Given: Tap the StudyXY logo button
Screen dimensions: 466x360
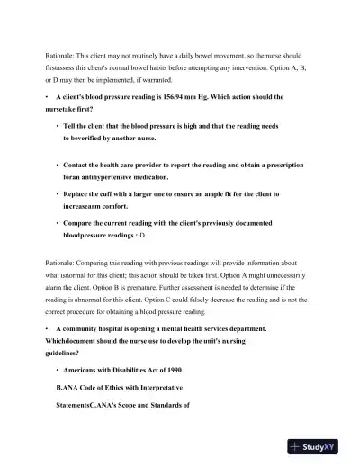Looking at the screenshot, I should [320, 445].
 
